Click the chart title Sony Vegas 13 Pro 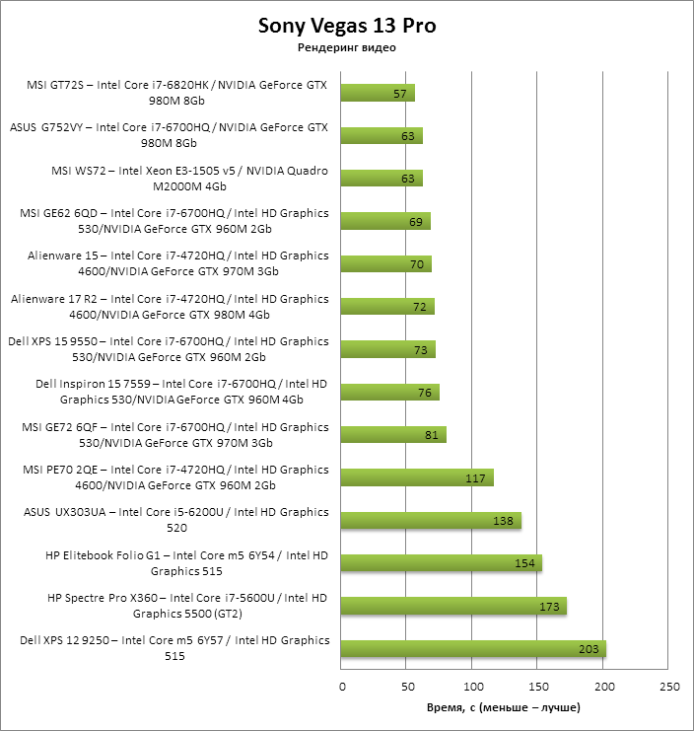(346, 25)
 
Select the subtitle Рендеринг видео (346, 48)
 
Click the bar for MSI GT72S (378, 93)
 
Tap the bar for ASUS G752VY (382, 135)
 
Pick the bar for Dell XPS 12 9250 (473, 648)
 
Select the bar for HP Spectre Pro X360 (453, 606)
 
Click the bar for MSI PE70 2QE (417, 477)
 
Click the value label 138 (504, 520)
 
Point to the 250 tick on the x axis (669, 686)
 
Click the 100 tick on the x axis (473, 686)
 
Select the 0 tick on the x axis (342, 686)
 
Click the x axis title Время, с (503, 707)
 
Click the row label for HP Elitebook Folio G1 (186, 563)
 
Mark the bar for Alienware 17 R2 (387, 307)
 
